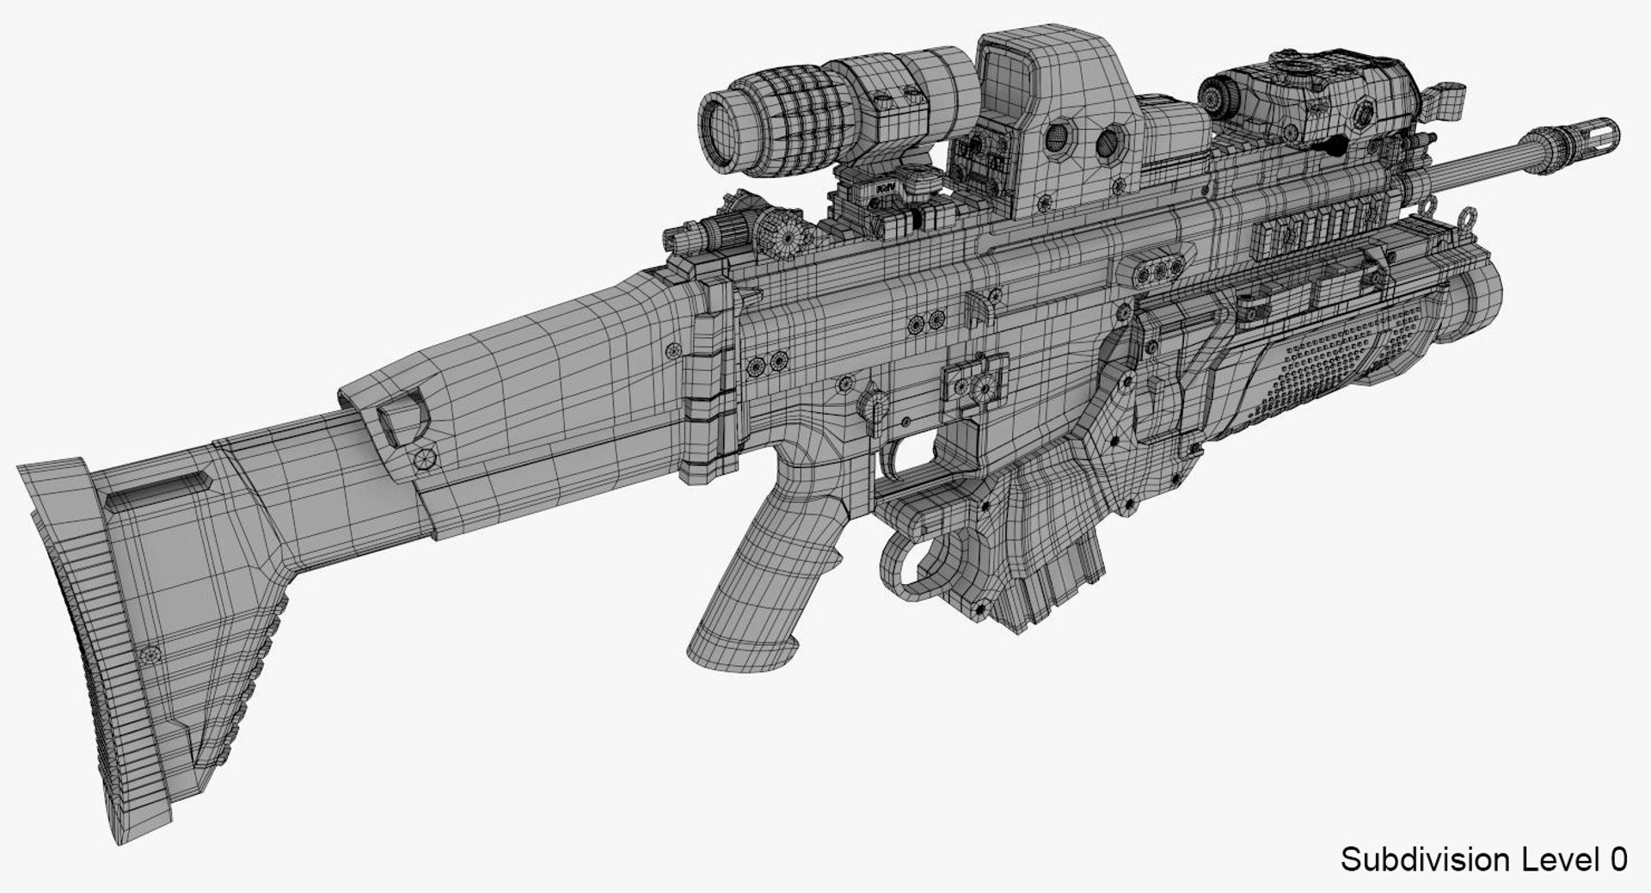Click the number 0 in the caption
click(x=1616, y=859)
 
